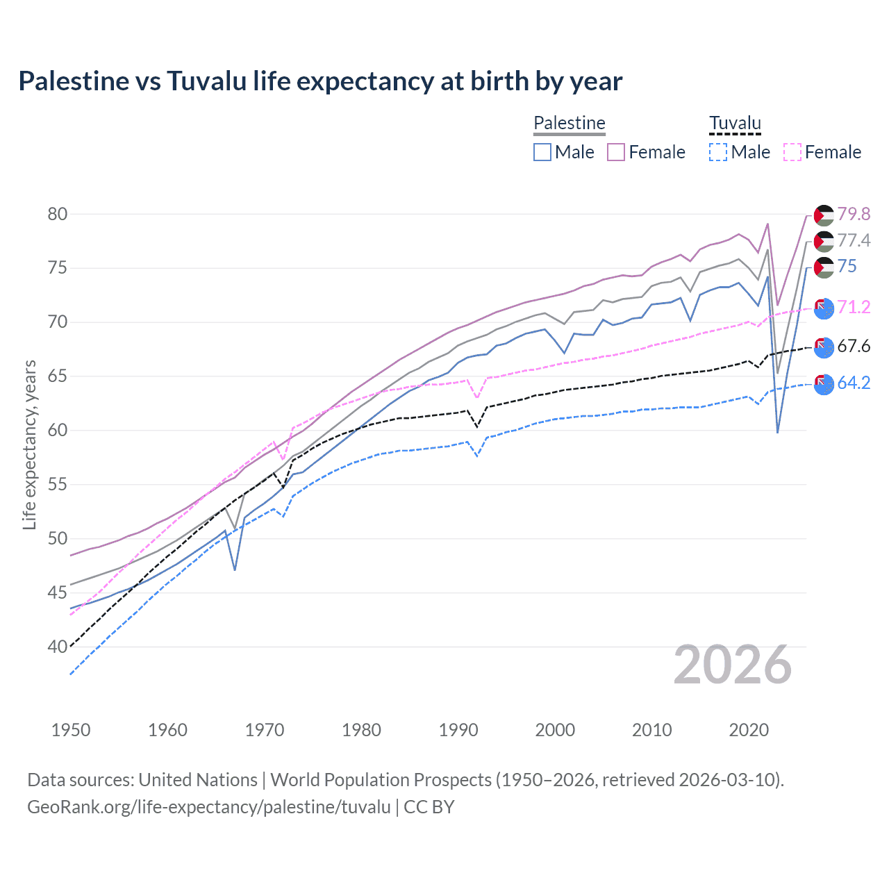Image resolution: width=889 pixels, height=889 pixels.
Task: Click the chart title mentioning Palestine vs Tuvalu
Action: (x=320, y=81)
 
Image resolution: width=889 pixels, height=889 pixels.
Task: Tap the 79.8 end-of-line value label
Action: (x=854, y=214)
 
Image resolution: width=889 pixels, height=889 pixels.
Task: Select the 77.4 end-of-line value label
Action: (x=854, y=240)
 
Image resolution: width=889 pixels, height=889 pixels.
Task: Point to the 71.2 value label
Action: (x=854, y=307)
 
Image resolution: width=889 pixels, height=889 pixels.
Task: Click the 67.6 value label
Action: (x=854, y=346)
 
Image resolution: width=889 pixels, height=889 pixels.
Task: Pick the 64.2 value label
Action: (x=854, y=383)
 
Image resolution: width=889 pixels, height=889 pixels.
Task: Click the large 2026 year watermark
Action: (x=733, y=665)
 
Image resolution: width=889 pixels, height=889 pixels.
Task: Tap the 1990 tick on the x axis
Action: (x=458, y=730)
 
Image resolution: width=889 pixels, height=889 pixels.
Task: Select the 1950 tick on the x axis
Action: (x=71, y=730)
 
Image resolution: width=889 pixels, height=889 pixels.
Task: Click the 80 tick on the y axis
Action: (x=58, y=214)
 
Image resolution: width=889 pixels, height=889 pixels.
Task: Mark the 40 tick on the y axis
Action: (x=58, y=647)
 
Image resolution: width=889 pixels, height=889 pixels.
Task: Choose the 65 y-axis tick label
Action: (x=58, y=376)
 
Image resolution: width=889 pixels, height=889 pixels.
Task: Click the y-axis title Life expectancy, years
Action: (x=29, y=444)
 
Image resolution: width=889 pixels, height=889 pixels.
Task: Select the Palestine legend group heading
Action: (x=570, y=123)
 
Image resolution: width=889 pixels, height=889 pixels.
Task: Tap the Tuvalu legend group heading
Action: (x=735, y=123)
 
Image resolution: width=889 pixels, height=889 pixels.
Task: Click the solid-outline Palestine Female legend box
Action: (x=616, y=152)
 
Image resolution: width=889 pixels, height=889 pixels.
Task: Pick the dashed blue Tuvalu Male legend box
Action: (x=718, y=152)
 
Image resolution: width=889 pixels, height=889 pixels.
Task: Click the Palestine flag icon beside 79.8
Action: (x=824, y=215)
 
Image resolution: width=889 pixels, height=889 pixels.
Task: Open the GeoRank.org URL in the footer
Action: (x=209, y=807)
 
